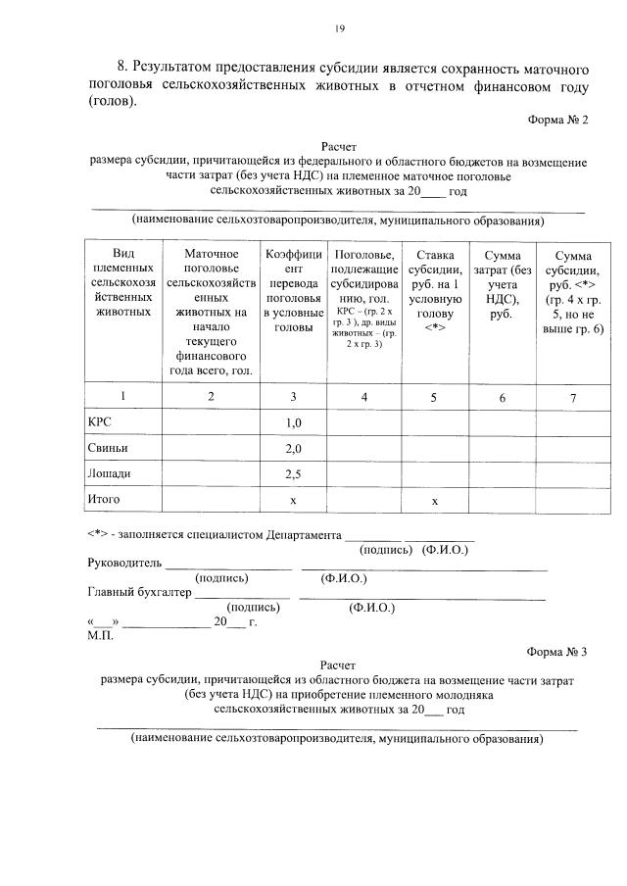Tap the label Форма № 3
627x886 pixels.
click(556, 652)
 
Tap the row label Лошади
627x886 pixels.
click(110, 473)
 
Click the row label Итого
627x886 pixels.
click(104, 500)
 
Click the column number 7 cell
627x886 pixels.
click(573, 397)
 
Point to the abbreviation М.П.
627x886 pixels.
click(101, 636)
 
